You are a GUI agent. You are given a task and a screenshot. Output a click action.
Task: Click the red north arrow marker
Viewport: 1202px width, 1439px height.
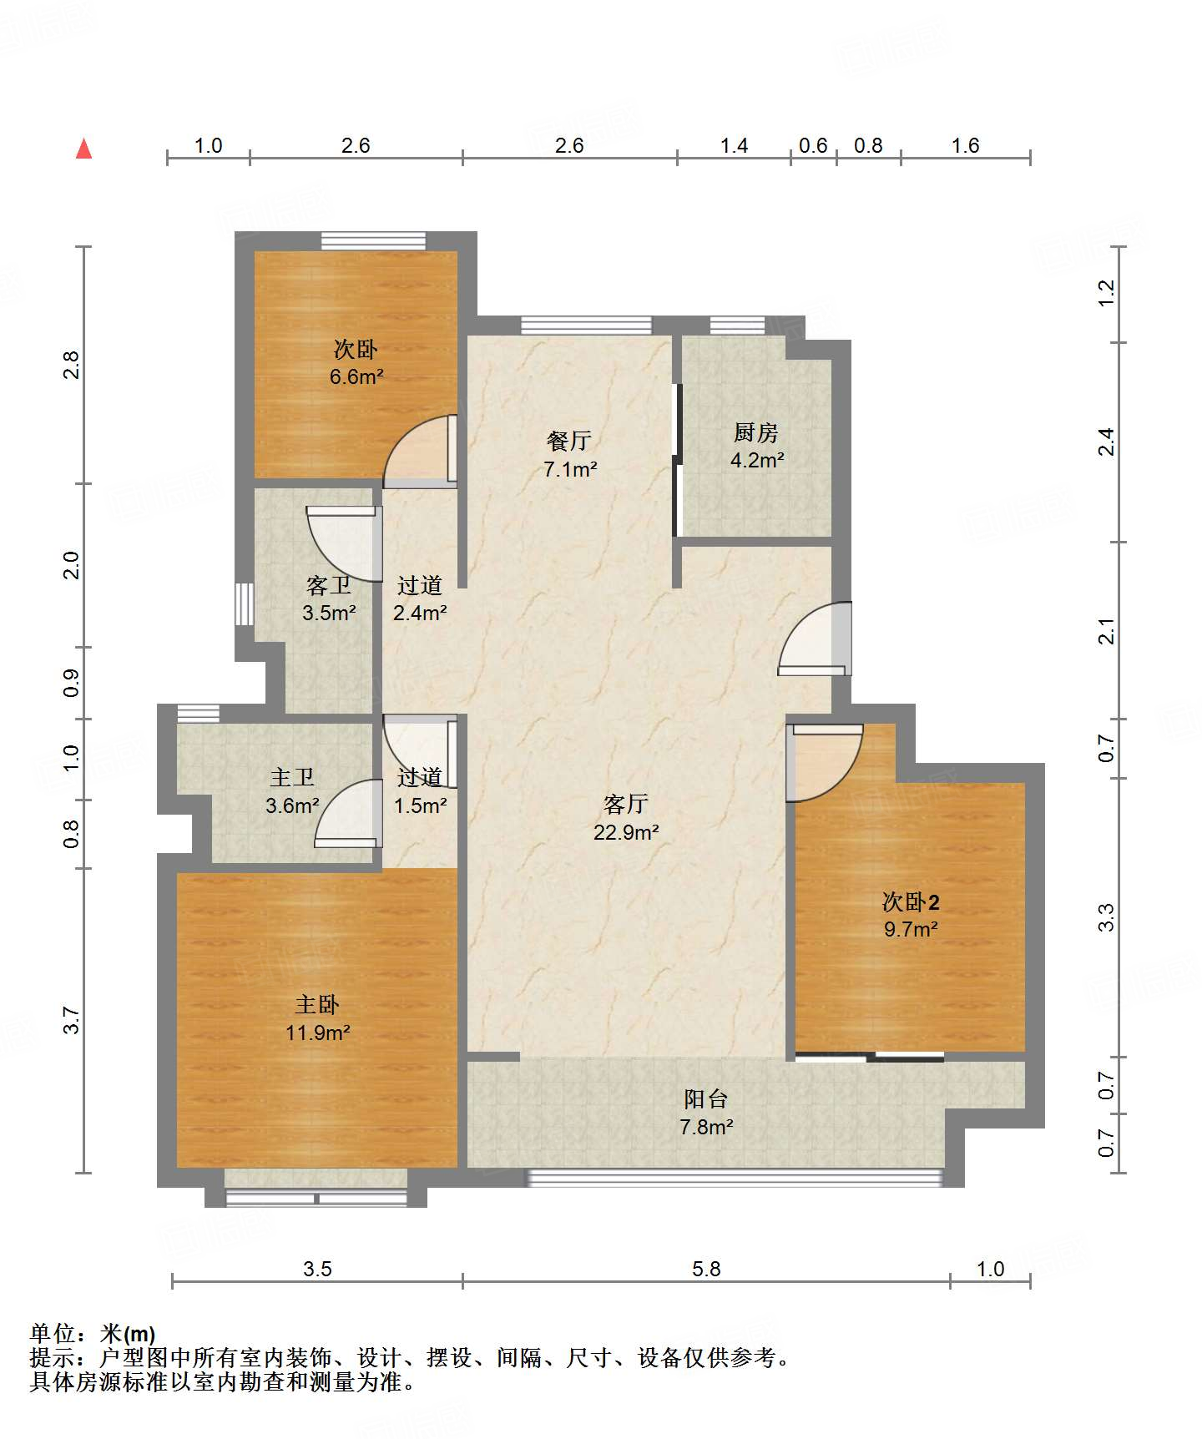[x=83, y=149]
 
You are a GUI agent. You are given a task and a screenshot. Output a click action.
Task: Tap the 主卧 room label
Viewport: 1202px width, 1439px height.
[x=317, y=1004]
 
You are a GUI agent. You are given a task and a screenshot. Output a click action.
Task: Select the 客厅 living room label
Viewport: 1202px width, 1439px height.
[x=626, y=804]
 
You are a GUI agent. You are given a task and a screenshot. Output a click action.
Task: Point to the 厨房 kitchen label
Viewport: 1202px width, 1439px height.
[x=756, y=432]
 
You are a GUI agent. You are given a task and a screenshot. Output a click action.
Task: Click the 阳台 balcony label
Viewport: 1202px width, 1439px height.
[x=706, y=1099]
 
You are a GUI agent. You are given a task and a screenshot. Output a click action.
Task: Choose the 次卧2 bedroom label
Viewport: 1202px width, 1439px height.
[x=911, y=901]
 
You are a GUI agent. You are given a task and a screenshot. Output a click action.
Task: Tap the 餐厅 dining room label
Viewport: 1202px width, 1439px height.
[x=569, y=441]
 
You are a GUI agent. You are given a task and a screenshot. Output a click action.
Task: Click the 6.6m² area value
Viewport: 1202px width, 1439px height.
[x=356, y=376]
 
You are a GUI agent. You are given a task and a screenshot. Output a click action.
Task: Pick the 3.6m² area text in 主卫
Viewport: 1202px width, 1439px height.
[x=292, y=805]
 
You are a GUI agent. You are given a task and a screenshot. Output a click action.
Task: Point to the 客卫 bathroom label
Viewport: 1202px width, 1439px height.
[x=329, y=585]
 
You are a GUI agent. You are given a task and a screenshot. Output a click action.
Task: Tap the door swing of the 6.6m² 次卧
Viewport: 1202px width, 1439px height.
[x=420, y=451]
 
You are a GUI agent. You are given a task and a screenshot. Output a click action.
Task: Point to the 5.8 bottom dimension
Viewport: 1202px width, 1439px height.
[x=706, y=1269]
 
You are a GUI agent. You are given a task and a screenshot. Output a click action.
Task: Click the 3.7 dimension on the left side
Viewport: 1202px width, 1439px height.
[x=72, y=1020]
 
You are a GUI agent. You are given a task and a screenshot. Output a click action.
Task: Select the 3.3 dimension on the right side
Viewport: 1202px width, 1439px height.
[x=1106, y=917]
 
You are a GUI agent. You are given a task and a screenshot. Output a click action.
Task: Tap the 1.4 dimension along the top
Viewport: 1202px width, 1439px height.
[x=734, y=145]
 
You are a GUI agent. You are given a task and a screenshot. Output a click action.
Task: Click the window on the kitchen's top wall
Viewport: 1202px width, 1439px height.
[x=737, y=326]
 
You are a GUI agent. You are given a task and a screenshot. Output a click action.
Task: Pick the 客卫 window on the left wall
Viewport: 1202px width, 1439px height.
[x=244, y=603]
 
